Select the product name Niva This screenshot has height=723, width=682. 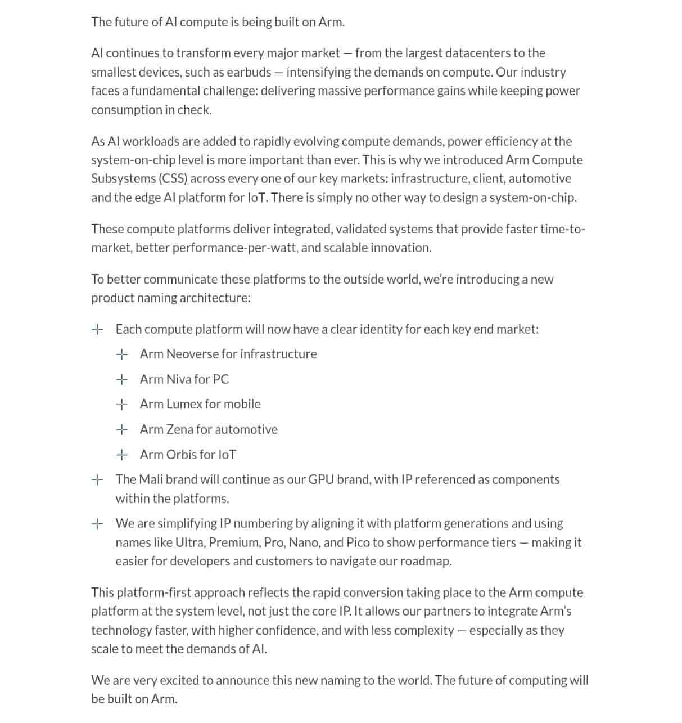click(x=179, y=379)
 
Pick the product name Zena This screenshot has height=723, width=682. click(x=179, y=429)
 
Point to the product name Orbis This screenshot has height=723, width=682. click(x=181, y=455)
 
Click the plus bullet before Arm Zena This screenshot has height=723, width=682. click(x=121, y=430)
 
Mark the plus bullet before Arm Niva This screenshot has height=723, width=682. click(x=121, y=380)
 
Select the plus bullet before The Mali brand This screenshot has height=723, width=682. click(x=97, y=480)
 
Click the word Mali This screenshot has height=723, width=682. click(x=150, y=479)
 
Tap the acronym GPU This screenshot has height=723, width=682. click(x=321, y=479)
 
